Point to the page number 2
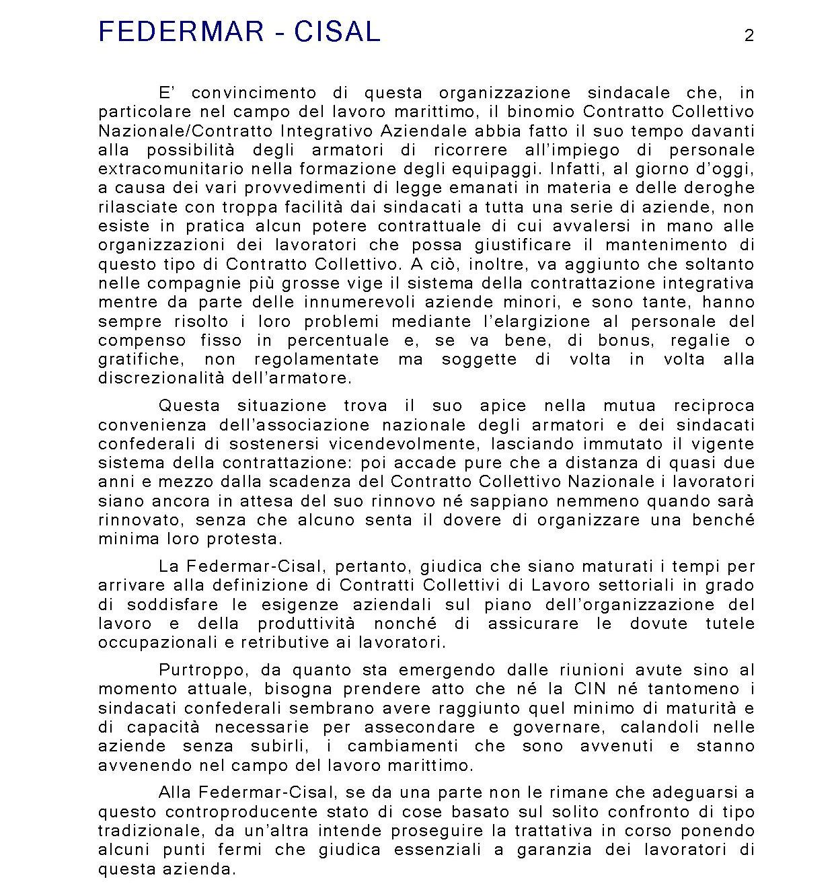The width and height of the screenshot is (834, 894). coord(749,36)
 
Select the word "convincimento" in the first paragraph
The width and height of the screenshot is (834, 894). coord(249,93)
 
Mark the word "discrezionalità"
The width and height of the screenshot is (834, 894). coord(161,378)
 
